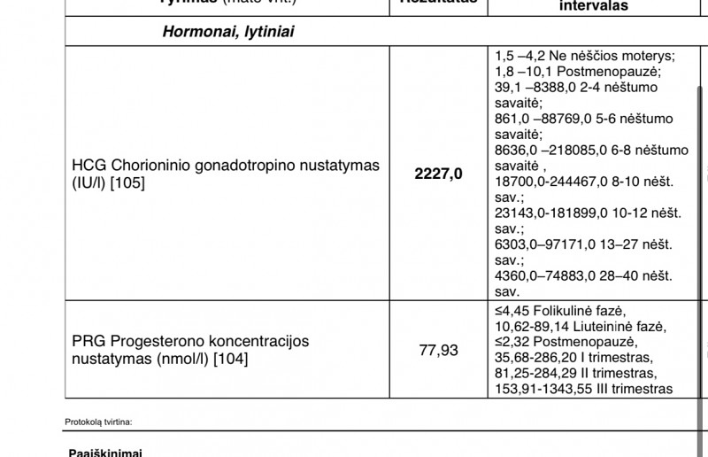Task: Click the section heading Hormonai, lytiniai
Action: click(228, 32)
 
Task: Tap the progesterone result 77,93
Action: click(438, 350)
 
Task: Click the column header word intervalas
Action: click(594, 5)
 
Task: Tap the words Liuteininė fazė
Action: click(604, 326)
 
